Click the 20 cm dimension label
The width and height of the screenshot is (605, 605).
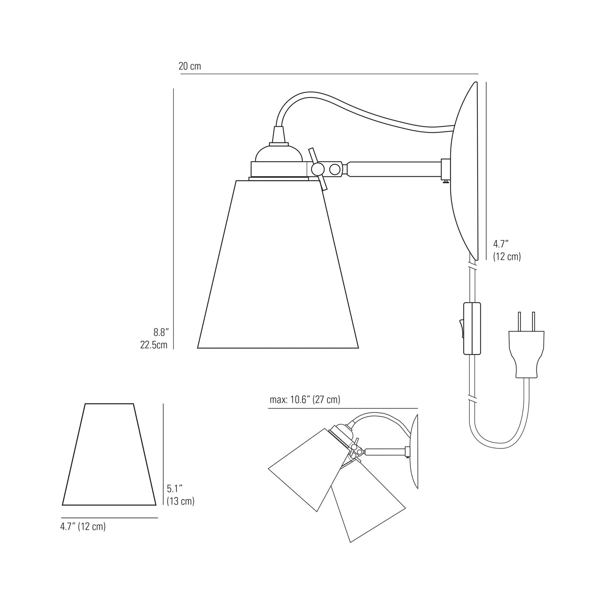[190, 66]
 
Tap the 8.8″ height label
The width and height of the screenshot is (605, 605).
[160, 333]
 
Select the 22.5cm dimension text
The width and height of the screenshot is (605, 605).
[154, 345]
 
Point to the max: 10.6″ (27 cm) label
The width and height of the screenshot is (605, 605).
[305, 400]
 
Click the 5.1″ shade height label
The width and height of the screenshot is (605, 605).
[175, 488]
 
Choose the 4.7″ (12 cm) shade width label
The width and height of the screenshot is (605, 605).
[83, 527]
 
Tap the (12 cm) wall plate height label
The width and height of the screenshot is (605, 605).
[507, 257]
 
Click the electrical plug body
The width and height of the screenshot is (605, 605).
[526, 352]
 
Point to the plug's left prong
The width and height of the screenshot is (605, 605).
[520, 321]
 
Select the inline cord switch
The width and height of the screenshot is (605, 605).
[471, 328]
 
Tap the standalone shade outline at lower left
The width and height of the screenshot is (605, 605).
[109, 456]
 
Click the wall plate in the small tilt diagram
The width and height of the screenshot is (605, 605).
[414, 452]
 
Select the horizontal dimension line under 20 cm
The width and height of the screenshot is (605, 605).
[329, 74]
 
